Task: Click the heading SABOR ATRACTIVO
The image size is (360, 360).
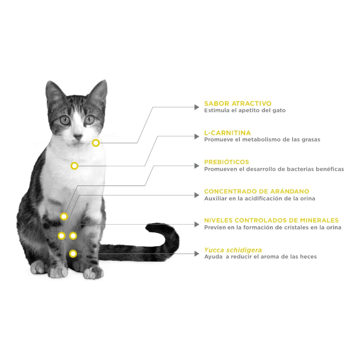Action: click(238, 103)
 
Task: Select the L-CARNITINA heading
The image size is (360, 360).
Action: click(227, 133)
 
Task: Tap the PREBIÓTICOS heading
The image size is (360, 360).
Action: click(226, 162)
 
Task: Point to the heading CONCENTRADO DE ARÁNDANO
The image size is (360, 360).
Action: click(257, 191)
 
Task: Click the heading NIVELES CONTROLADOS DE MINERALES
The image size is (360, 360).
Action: click(271, 220)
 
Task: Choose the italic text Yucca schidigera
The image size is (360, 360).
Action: click(233, 250)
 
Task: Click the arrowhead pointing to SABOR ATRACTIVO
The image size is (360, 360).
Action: click(197, 107)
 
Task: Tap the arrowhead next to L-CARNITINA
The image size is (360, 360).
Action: click(197, 136)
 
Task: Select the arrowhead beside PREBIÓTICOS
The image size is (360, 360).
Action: click(197, 166)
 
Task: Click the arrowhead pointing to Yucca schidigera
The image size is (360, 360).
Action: click(197, 254)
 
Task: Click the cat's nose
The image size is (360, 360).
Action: click(78, 137)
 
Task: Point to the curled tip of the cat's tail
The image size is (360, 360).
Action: click(149, 227)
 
